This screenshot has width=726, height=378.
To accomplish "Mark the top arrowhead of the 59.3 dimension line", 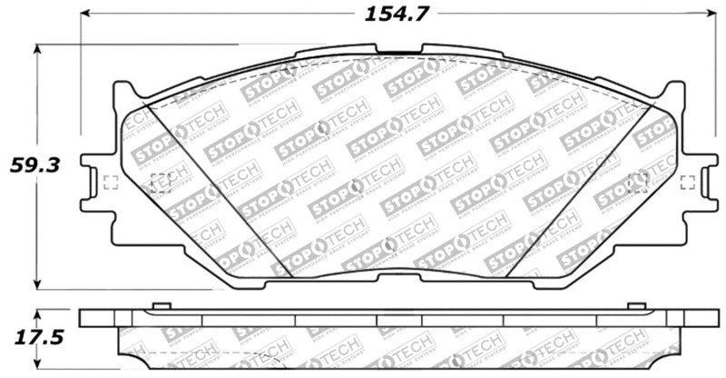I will (x=37, y=50).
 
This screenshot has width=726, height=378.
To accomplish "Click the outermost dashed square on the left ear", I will (x=112, y=182).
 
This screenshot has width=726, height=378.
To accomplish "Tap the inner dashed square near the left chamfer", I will (x=160, y=182).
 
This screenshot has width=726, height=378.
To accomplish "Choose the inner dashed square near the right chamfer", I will (x=638, y=182).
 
